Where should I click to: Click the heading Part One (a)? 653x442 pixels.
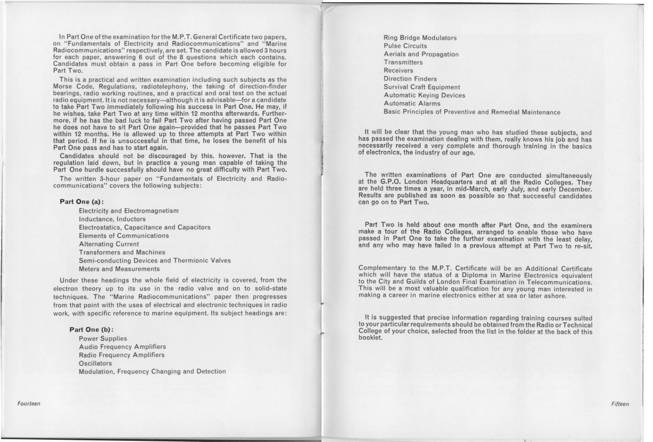click(x=81, y=201)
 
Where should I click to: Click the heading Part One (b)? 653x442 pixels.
click(x=91, y=329)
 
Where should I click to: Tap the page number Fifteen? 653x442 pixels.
click(x=620, y=404)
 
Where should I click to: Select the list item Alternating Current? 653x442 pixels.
click(x=109, y=244)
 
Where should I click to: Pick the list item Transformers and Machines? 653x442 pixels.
click(x=122, y=252)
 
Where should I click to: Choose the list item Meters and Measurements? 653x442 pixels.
click(x=119, y=269)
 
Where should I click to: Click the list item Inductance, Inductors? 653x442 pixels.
click(x=112, y=219)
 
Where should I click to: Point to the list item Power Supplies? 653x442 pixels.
click(x=103, y=338)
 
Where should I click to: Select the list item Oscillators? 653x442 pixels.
click(x=95, y=363)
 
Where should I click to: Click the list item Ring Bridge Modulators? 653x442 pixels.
click(x=420, y=38)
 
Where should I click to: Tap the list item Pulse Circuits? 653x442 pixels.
click(x=405, y=46)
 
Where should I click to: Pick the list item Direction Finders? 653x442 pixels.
click(x=410, y=79)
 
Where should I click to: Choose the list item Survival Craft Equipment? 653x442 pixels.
click(x=422, y=87)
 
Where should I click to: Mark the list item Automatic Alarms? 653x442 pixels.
click(x=412, y=104)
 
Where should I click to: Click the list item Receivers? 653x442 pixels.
click(x=398, y=71)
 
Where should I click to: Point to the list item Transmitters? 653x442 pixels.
click(x=403, y=62)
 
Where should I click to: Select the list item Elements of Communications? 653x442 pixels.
click(x=124, y=235)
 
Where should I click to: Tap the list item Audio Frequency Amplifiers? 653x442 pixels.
click(x=122, y=346)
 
